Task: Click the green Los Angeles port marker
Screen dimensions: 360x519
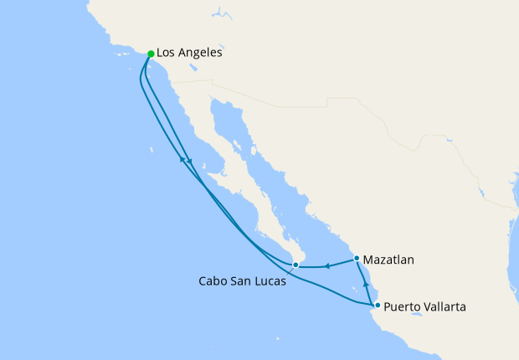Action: (x=151, y=54)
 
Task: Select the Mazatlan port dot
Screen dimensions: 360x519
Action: (x=357, y=258)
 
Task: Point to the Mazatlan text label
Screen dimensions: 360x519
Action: (x=389, y=260)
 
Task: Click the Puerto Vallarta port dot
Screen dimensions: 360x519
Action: (x=378, y=305)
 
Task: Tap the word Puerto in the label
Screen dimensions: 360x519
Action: (x=402, y=307)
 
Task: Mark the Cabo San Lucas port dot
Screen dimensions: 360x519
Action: (x=295, y=265)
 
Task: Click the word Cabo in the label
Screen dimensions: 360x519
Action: (x=213, y=281)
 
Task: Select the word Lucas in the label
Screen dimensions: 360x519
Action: (x=270, y=281)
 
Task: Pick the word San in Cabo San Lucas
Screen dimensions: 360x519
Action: (x=241, y=281)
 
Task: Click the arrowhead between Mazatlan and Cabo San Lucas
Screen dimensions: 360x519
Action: (x=328, y=267)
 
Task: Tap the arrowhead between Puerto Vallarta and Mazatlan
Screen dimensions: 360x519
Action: (x=366, y=285)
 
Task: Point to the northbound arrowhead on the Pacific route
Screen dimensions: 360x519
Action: (x=180, y=159)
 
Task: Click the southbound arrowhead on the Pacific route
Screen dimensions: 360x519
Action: (x=190, y=161)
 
